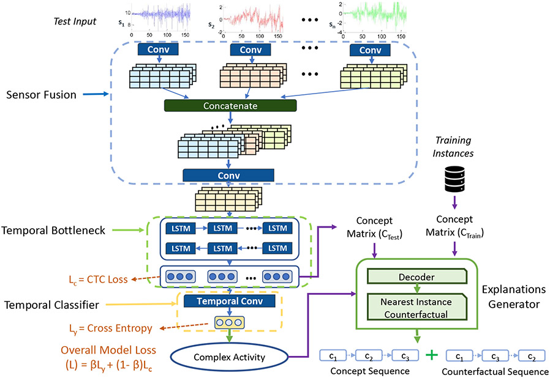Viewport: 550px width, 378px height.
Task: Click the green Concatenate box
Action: coord(231,105)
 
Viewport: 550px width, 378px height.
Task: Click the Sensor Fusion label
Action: coord(40,95)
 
